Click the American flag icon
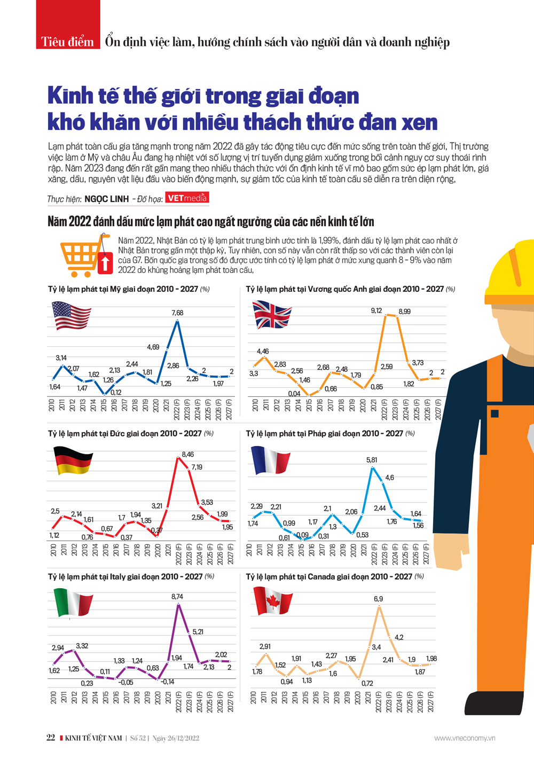pos(71,316)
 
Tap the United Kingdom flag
pos(272,314)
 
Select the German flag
pos(73,460)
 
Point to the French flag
pos(271,460)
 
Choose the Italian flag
pos(74,602)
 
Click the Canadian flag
pos(273,600)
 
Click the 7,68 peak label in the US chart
pos(177,313)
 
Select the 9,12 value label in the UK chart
pos(376,310)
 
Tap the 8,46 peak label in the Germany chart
pos(188,454)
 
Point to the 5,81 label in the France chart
pos(372,459)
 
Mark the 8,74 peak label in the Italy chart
pos(177,596)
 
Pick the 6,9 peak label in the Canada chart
pos(378,599)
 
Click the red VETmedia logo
pos(187,198)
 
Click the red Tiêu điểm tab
pos(68,42)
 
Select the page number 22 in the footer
pos(51,738)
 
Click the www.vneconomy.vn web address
pos(465,738)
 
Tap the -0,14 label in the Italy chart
pos(167,682)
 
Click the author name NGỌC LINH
pos(107,199)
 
